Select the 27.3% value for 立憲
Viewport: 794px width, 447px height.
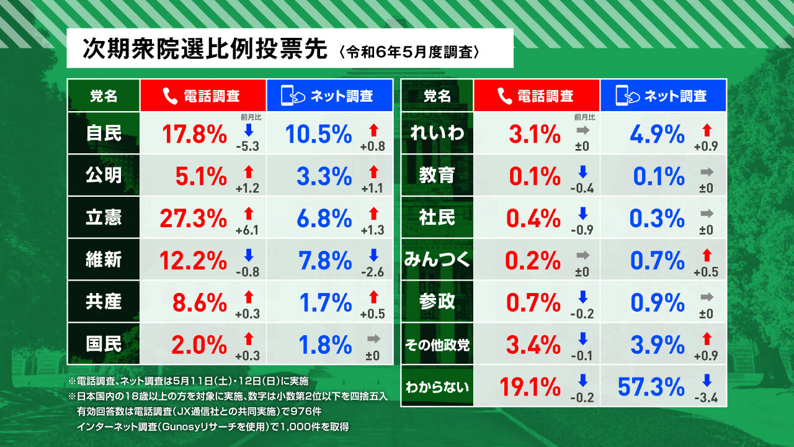193,218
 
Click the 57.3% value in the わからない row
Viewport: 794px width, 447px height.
651,387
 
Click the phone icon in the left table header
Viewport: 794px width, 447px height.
169,96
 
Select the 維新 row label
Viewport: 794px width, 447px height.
104,260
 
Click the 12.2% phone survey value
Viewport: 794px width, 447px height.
193,260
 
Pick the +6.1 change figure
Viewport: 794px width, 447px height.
248,230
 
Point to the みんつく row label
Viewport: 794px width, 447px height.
437,260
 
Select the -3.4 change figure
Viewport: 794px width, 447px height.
706,399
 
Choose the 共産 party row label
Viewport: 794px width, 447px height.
104,302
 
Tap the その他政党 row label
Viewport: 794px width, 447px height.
437,345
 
